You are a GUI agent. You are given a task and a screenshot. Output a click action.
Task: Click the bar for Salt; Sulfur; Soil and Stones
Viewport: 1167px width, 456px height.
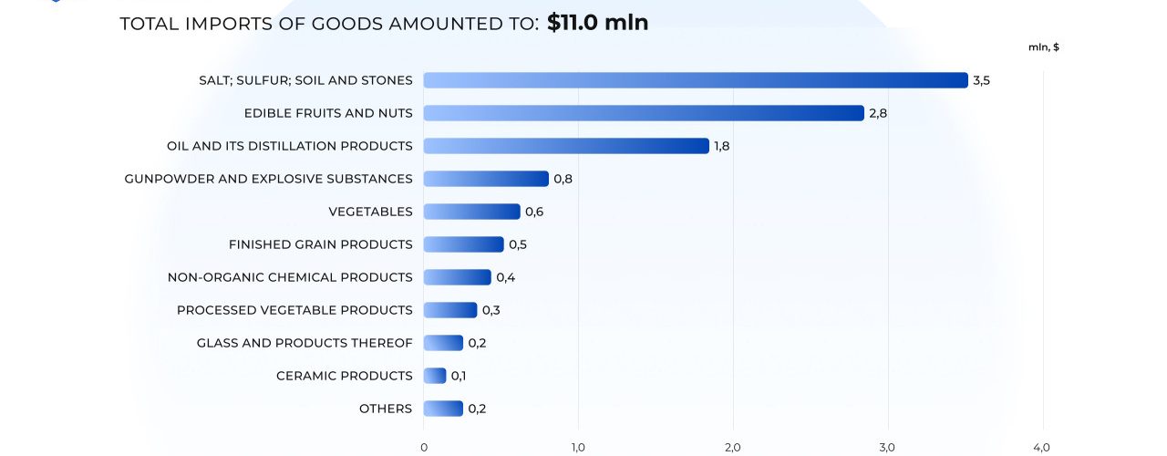(x=695, y=80)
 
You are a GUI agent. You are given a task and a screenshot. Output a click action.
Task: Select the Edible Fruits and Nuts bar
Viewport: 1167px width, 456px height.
(x=643, y=113)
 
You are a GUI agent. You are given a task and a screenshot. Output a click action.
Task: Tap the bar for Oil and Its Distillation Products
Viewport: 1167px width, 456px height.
(x=565, y=146)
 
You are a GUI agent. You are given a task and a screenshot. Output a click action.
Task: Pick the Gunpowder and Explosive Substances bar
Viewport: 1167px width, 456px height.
(x=486, y=179)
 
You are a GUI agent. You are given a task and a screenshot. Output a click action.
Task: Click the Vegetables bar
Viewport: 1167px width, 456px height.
(x=471, y=212)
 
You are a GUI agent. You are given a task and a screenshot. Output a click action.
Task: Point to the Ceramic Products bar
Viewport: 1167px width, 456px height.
(x=435, y=376)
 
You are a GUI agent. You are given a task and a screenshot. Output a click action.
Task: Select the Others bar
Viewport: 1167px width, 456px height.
(x=443, y=409)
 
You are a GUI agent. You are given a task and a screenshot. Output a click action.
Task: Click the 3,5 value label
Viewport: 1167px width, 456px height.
(x=981, y=80)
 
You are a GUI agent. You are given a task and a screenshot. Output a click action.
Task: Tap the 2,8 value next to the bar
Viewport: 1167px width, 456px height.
(x=877, y=113)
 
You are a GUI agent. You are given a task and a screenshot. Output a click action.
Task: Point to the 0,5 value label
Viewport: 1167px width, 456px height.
(x=518, y=244)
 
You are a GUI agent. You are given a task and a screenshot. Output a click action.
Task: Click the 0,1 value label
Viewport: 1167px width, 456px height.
(x=459, y=376)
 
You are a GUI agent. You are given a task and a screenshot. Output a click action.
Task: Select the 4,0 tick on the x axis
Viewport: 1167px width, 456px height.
(x=1042, y=447)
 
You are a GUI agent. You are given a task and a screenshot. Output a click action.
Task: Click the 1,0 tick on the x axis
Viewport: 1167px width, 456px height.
(x=578, y=447)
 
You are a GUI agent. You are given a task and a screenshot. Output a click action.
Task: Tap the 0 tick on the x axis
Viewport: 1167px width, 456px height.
(x=424, y=447)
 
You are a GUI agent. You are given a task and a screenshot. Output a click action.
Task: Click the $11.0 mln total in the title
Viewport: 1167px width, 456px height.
(x=597, y=23)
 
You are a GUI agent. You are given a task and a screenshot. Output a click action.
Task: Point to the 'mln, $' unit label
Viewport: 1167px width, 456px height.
(x=1043, y=47)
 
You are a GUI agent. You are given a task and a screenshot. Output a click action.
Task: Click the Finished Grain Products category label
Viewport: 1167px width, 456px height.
(x=320, y=244)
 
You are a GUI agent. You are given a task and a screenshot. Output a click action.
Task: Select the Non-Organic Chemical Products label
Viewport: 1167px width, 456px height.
(x=290, y=277)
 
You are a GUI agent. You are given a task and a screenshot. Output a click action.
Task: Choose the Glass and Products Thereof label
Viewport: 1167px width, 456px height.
(x=305, y=343)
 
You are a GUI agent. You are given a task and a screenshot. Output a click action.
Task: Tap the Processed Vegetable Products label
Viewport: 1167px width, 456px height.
(x=294, y=310)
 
